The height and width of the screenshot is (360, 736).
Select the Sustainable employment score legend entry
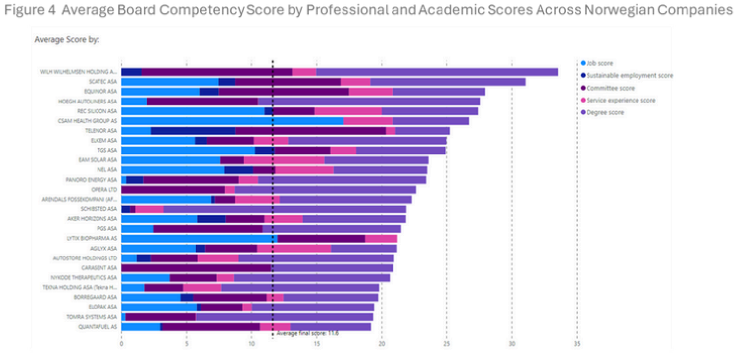(629, 75)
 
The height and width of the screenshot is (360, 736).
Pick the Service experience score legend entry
(621, 101)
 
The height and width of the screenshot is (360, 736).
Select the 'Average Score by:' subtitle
(67, 39)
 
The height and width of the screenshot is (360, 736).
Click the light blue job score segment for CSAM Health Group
(232, 121)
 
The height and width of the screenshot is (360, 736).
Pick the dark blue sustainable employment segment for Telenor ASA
(193, 131)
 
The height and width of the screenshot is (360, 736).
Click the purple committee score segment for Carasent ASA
(196, 268)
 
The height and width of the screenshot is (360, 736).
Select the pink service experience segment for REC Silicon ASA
(348, 111)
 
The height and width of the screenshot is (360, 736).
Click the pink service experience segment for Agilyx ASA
(294, 248)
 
